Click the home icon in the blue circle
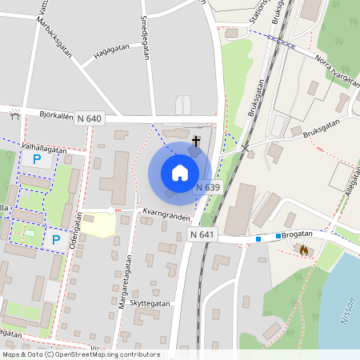point(180,172)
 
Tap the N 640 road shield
point(90,118)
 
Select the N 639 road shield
point(207,187)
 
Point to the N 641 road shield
point(203,234)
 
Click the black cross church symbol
point(196,140)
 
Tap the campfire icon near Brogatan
point(304,250)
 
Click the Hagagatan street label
point(111,51)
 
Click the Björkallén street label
point(55,114)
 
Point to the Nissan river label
point(346,308)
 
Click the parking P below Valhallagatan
point(37,159)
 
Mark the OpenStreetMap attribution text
point(80,354)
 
